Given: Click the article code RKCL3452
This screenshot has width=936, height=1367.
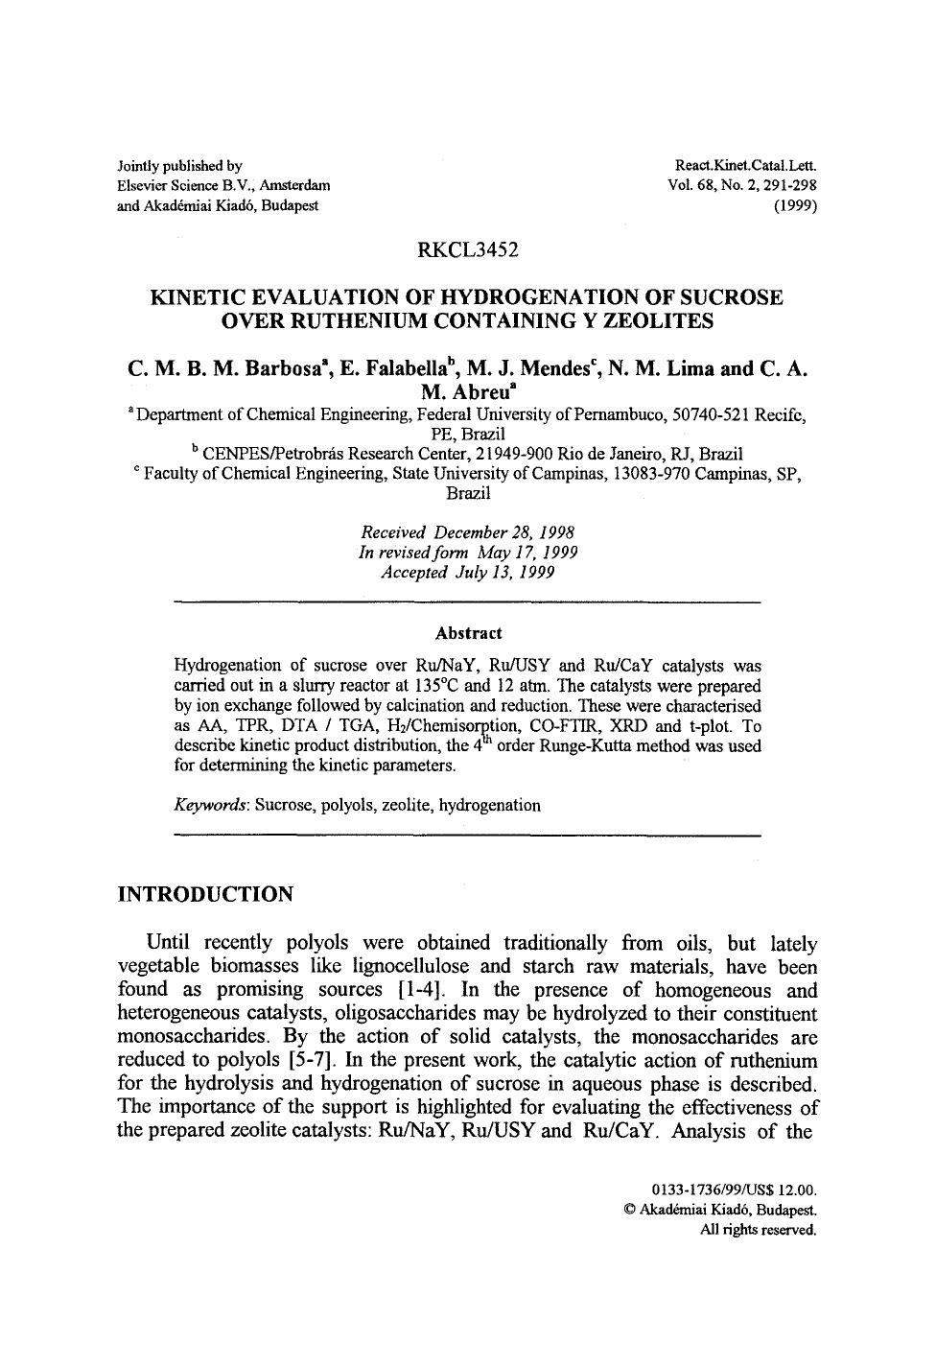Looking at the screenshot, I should (468, 251).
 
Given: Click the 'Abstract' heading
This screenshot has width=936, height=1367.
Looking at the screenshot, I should (468, 633).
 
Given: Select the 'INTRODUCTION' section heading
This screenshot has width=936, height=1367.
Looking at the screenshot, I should (205, 894).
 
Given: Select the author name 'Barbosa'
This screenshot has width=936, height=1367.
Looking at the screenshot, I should (279, 369).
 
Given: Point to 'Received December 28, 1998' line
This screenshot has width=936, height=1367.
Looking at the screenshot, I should (468, 532).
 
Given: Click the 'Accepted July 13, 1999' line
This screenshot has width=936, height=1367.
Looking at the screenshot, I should (468, 573).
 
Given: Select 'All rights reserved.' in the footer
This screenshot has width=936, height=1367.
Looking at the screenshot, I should (759, 1229).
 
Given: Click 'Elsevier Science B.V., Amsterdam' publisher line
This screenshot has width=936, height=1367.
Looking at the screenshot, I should (223, 185).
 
